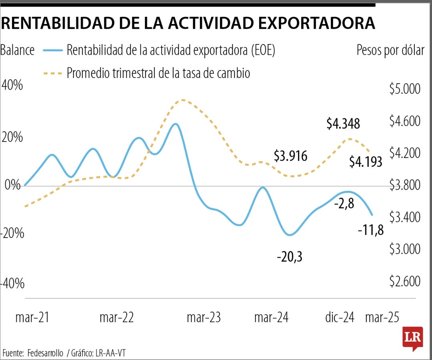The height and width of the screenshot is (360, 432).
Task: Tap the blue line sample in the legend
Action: tap(51, 50)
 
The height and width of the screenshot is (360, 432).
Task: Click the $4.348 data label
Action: tap(343, 124)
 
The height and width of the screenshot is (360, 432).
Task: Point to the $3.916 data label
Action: tap(290, 156)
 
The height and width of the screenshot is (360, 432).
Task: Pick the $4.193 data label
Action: tap(366, 162)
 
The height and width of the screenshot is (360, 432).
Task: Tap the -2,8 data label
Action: tap(344, 204)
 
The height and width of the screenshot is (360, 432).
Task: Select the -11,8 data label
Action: tap(370, 230)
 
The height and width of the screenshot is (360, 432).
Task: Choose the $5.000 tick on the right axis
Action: tap(405, 89)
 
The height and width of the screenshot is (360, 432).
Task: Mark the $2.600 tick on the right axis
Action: tap(405, 281)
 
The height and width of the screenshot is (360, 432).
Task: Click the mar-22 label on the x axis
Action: tap(116, 318)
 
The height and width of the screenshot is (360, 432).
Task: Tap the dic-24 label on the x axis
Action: tap(340, 318)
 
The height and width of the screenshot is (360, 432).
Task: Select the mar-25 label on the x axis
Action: tap(382, 318)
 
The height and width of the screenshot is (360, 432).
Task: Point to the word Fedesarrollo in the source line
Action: tap(45, 353)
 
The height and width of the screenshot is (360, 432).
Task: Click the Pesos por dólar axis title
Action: tap(390, 51)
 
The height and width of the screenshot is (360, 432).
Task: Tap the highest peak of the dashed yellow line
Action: tap(183, 100)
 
